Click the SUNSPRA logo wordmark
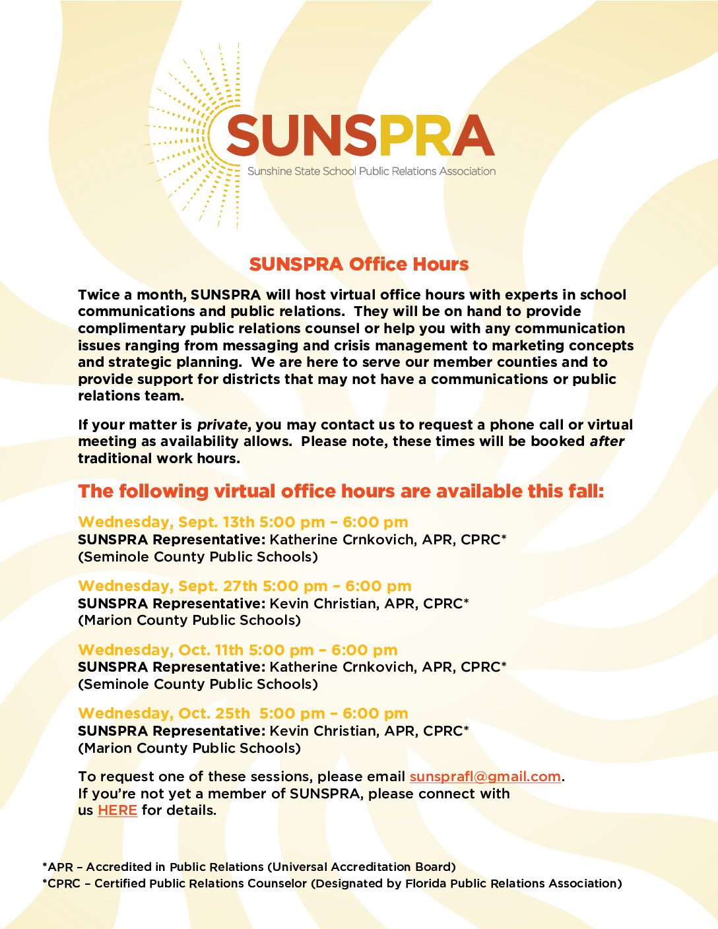point(360,135)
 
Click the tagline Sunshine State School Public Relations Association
point(371,172)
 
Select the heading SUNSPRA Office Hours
point(359,264)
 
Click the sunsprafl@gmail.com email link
point(485,777)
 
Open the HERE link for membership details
point(117,810)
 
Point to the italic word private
point(222,425)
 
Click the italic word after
point(606,441)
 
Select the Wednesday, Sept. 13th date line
point(243,522)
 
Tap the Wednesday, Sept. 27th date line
point(244,586)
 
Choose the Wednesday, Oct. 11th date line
point(238,650)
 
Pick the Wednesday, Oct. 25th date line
point(243,713)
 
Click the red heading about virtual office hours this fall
point(341,492)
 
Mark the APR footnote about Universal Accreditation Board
point(249,867)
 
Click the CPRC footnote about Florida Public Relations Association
point(332,883)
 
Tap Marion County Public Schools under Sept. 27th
point(189,620)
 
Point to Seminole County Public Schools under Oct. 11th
point(198,684)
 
